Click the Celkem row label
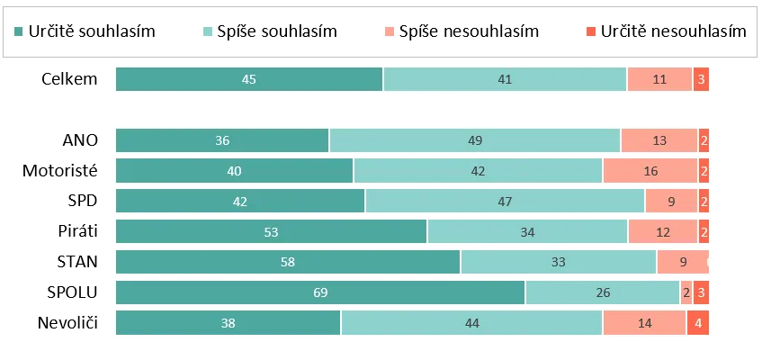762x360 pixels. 69,79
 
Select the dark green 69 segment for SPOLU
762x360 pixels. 320,292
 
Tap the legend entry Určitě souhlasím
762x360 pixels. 85,31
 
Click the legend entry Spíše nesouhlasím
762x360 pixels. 462,31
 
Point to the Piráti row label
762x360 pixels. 77,231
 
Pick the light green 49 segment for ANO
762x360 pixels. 475,140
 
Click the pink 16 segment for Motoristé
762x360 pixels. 650,171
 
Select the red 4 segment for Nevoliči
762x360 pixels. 698,323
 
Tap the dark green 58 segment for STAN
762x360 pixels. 288,262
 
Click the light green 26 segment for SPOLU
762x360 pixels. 603,292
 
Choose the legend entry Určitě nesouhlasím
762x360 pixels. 666,31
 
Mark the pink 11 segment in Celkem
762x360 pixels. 659,79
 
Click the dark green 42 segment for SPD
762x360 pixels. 240,201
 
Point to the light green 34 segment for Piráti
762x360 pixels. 527,231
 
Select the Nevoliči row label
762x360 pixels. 68,323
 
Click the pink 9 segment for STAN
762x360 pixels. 683,262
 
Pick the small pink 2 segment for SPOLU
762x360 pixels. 686,292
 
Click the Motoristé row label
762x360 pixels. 60,171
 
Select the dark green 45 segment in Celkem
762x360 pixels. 249,79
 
